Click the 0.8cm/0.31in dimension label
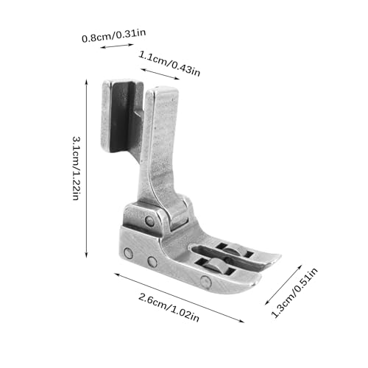[113, 35]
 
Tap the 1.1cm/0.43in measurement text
[169, 63]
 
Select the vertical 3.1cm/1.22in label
[76, 169]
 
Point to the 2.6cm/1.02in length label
[169, 308]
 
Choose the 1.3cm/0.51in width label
[294, 292]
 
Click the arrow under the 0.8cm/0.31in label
[117, 46]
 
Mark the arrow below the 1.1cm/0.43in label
[160, 74]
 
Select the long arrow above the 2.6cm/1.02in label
[180, 297]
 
